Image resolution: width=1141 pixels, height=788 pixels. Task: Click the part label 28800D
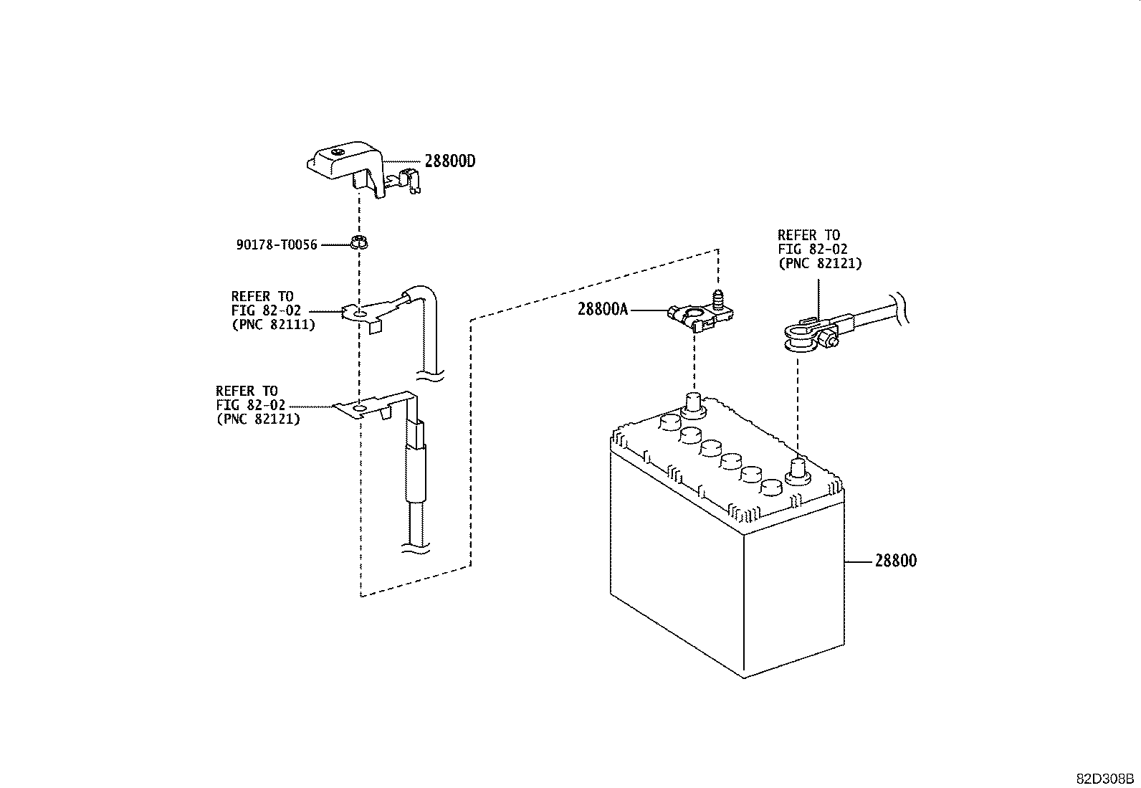pos(449,161)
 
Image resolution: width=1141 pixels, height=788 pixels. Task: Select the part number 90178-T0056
pos(277,245)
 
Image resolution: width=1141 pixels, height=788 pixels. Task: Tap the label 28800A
pos(603,310)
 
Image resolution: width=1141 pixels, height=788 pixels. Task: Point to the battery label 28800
pos(895,561)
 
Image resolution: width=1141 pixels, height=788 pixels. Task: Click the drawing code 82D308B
pos(1104,779)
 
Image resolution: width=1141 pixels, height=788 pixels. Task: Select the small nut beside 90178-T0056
pos(360,242)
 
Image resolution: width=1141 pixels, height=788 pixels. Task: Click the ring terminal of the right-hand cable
pos(799,338)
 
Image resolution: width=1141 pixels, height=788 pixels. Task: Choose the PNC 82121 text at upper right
pos(820,263)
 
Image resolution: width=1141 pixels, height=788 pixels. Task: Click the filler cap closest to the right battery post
pos(770,488)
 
